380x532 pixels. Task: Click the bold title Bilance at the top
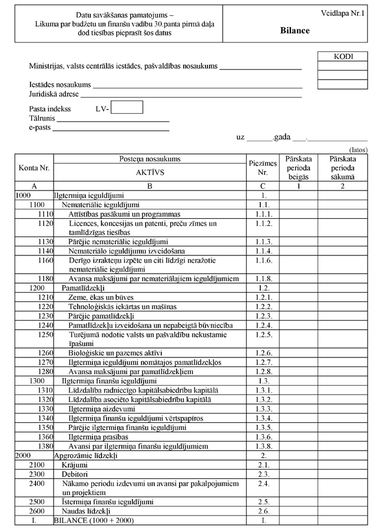point(295,31)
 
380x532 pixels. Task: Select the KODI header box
point(343,57)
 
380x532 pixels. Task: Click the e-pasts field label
point(40,127)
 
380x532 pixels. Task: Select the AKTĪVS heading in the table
point(150,173)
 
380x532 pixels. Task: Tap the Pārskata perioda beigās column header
point(298,168)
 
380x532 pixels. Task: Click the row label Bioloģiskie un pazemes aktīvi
point(112,353)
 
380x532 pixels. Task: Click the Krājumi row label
point(74,465)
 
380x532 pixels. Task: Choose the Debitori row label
point(75,474)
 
